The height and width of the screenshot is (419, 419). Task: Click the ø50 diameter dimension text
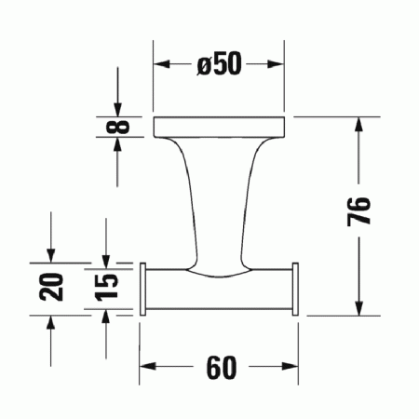pos(219,64)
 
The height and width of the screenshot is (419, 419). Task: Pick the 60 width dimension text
pos(220,368)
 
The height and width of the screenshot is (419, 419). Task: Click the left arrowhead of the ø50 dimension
pos(160,64)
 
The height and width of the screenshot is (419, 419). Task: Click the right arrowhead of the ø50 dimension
pos(280,64)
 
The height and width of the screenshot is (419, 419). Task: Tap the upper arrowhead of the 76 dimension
pos(358,125)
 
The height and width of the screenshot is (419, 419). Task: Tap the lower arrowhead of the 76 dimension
pos(358,308)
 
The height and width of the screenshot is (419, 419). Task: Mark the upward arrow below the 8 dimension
pos(117,145)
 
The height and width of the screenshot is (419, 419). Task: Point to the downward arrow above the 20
pos(51,255)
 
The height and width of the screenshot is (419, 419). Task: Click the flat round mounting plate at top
pos(220,126)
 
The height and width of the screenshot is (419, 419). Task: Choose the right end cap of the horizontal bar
pos(295,290)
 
